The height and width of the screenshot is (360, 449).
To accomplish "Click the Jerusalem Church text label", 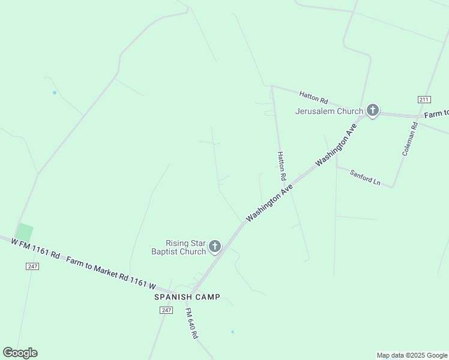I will (x=329, y=111).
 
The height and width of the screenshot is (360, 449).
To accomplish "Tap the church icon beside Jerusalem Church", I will (x=373, y=110).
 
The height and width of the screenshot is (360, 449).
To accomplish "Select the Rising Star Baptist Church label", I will (x=178, y=247).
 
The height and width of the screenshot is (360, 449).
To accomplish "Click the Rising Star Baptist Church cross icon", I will (x=214, y=246).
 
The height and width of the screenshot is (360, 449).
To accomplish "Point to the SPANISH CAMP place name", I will (x=187, y=297).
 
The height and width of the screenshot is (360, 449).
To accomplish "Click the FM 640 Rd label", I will (x=191, y=324).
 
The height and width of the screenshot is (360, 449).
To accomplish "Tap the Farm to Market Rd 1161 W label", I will (x=111, y=274).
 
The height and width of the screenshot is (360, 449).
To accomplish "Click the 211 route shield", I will (x=424, y=99).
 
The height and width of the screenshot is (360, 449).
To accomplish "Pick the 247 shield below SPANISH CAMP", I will (x=166, y=310).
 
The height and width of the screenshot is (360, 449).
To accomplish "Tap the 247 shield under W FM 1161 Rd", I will (x=32, y=266).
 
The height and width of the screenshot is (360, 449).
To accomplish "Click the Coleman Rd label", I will (x=409, y=139).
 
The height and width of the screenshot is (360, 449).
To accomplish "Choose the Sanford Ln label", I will (x=365, y=178).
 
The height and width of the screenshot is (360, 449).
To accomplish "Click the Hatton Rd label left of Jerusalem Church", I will (x=313, y=97).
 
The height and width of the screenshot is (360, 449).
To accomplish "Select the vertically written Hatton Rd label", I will (x=280, y=166).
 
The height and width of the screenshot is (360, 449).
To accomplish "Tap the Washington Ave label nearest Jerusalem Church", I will (x=336, y=145).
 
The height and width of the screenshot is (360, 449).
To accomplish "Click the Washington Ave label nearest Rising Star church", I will (x=269, y=203).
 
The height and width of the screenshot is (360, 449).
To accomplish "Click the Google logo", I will (x=20, y=353).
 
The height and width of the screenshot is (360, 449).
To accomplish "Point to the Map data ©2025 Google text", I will (x=412, y=355).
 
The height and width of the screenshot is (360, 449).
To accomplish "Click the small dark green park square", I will (x=24, y=233).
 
